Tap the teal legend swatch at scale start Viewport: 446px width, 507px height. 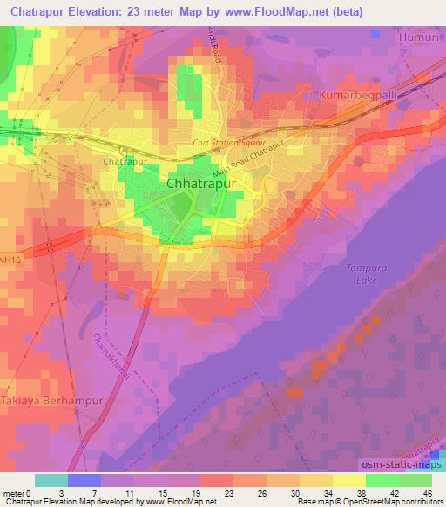coord(51,480)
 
